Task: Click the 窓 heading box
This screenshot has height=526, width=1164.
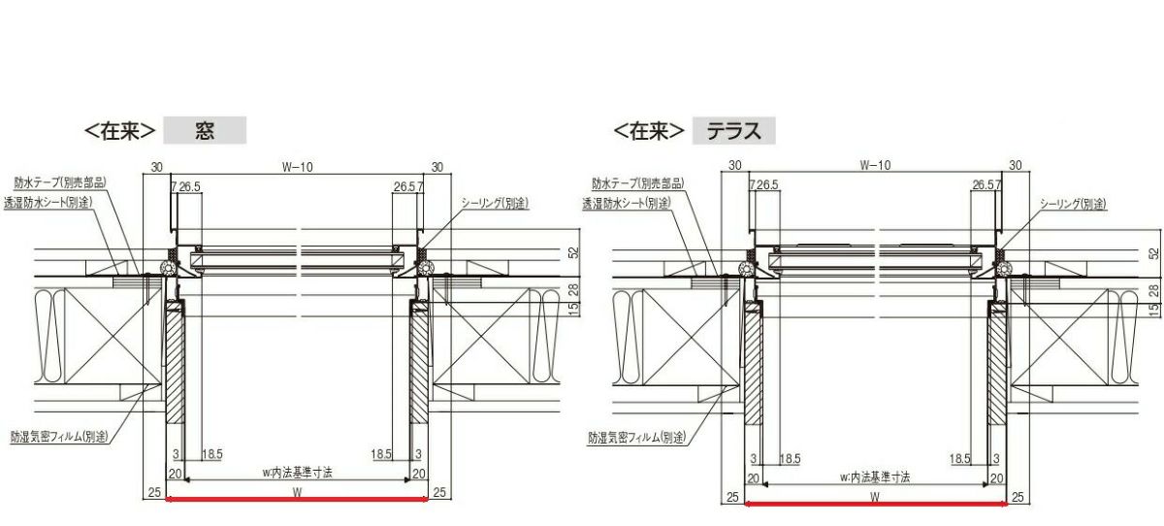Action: coord(205,131)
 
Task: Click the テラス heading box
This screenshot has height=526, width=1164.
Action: coord(733,131)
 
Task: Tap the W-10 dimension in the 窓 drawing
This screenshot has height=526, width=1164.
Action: coord(297,167)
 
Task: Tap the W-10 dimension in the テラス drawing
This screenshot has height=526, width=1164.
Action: coord(875,166)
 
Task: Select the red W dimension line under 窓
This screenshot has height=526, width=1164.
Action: coord(297,500)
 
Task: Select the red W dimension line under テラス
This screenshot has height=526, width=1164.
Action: coord(875,504)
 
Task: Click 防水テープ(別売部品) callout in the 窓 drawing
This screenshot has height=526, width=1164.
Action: coord(60,181)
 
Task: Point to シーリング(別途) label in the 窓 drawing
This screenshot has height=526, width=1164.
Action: coord(494,202)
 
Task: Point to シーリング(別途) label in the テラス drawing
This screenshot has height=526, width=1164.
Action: coord(1073,204)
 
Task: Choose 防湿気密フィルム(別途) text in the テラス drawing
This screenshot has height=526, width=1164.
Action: coord(636,438)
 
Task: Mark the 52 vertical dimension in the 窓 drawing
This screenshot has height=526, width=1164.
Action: coord(573,252)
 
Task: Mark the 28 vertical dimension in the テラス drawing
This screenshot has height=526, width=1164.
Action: coord(1153,289)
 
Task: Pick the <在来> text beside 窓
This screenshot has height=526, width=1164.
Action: coord(121,131)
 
